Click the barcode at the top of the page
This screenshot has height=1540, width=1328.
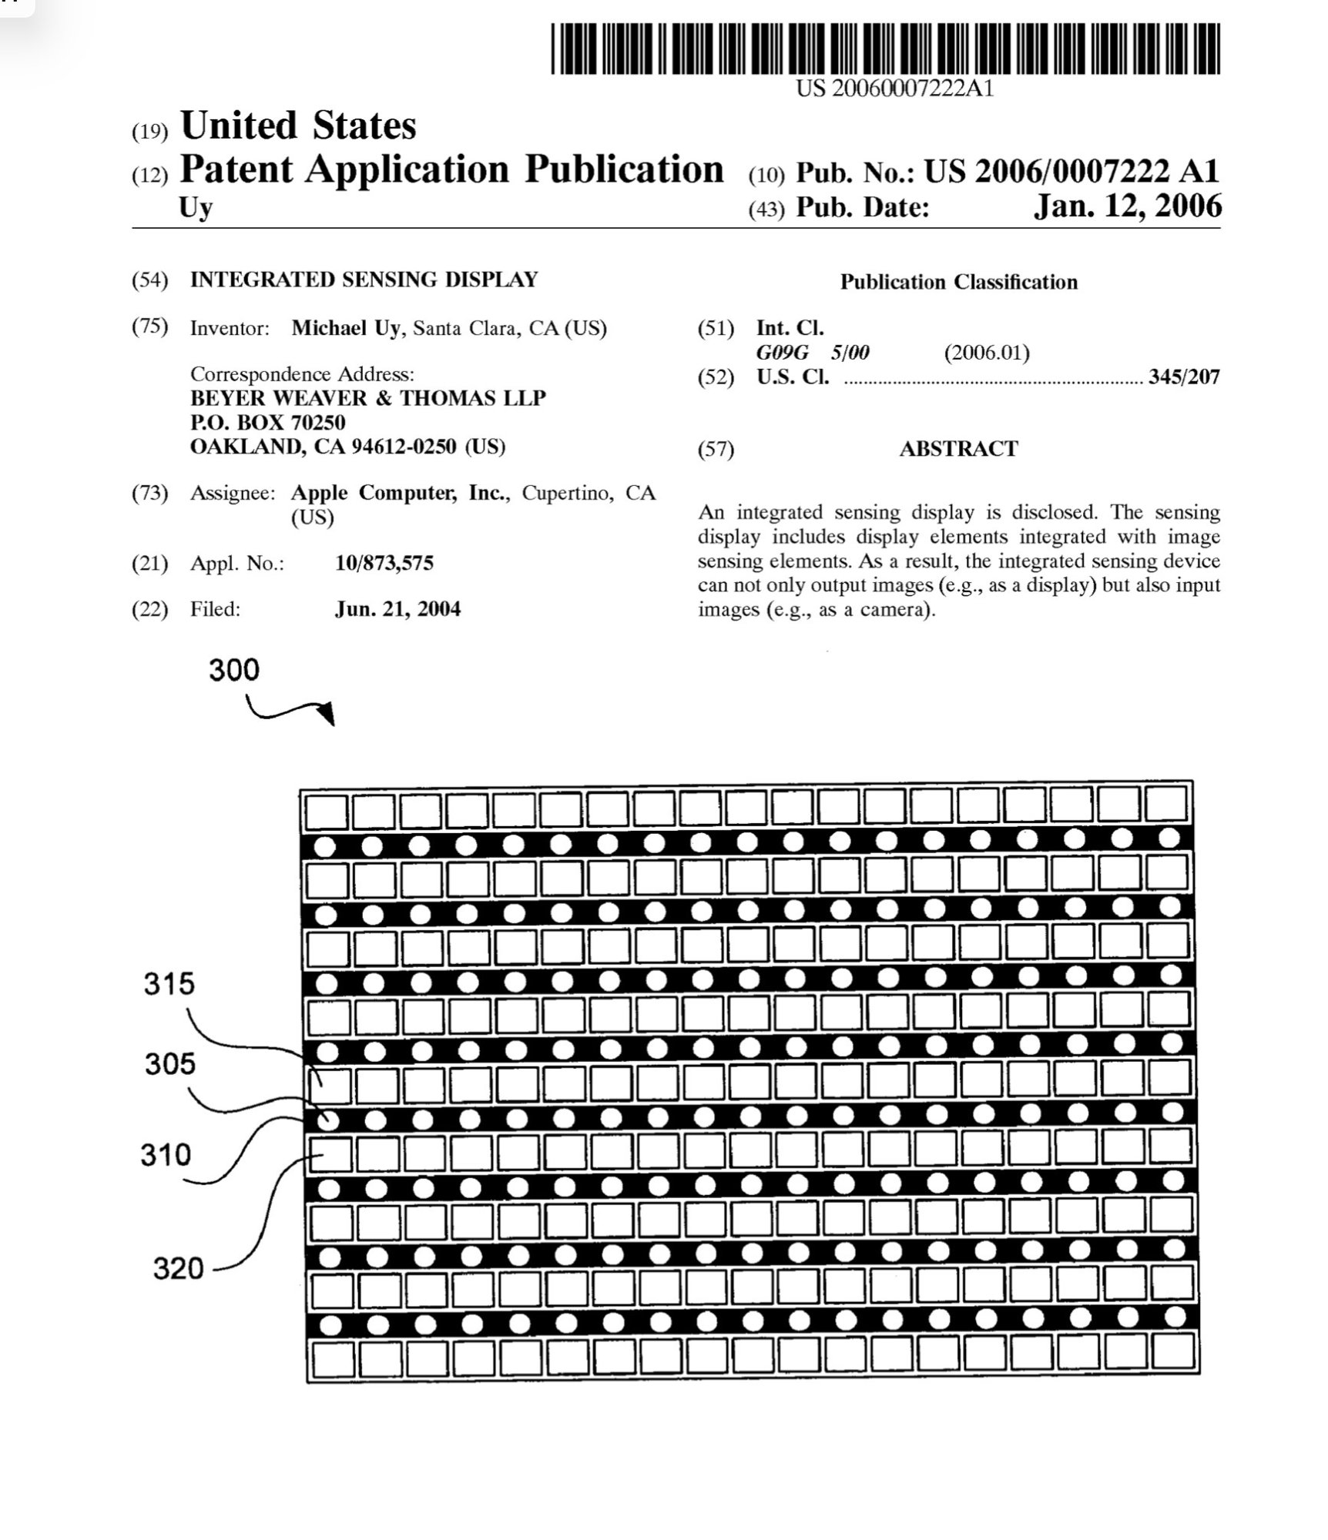[885, 49]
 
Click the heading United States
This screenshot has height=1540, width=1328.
[298, 126]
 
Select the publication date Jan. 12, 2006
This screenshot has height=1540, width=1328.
[1127, 206]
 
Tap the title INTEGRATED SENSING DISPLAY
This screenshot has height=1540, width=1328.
[364, 280]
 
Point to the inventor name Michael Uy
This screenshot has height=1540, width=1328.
[345, 329]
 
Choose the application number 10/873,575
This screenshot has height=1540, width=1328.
[384, 564]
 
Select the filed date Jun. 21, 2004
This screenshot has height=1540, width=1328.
[397, 610]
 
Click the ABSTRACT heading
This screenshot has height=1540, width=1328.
[958, 449]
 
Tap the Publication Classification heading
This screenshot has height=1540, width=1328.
[958, 283]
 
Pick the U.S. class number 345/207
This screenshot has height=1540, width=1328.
[1183, 377]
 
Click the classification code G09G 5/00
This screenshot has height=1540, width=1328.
[812, 353]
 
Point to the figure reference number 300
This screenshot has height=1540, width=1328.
[234, 670]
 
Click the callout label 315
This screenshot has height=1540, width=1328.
[169, 984]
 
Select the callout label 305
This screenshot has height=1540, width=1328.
[170, 1064]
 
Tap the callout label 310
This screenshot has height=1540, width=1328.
[165, 1155]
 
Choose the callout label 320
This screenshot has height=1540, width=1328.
[178, 1268]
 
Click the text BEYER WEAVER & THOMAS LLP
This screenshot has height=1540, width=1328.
[367, 398]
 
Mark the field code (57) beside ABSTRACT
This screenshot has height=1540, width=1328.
[716, 450]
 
